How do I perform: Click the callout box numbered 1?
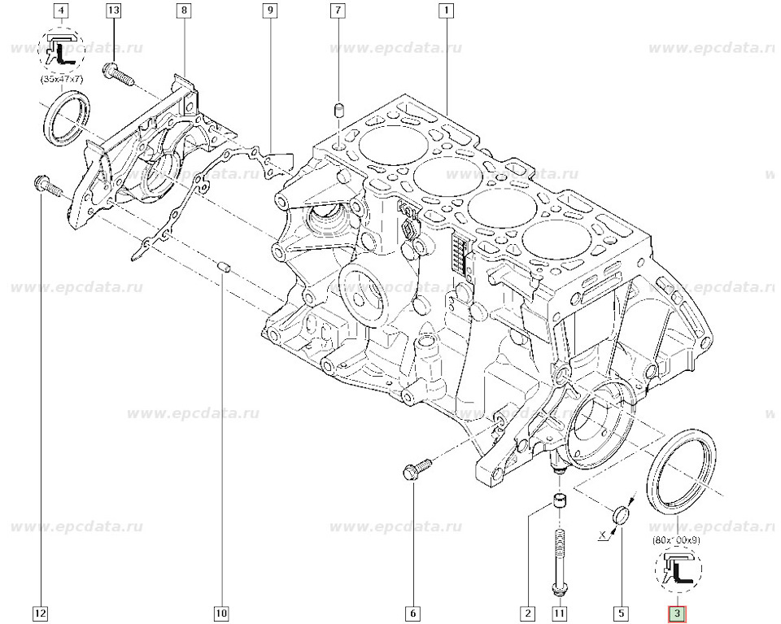446,11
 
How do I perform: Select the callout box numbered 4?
62,11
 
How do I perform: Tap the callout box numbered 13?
113,11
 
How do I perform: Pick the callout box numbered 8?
184,11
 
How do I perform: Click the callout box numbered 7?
336,11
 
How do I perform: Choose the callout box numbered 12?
41,612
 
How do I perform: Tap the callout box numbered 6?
412,612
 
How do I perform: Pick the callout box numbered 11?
559,612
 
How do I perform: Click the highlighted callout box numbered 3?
677,612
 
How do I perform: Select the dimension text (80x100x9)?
677,539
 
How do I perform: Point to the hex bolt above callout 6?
413,469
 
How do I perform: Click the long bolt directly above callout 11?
559,561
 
